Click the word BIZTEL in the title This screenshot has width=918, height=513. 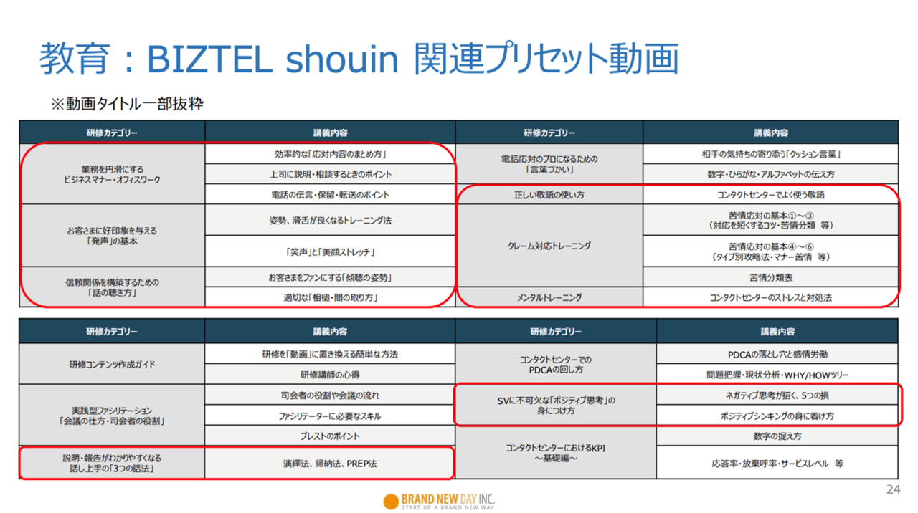point(210,59)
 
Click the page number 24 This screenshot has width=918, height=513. point(893,489)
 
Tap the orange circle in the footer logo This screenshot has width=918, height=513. point(391,502)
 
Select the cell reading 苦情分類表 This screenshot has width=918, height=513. point(771,277)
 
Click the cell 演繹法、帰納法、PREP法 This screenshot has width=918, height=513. point(330,464)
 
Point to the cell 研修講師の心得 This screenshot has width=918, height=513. point(330,375)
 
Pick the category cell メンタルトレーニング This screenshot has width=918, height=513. point(549,297)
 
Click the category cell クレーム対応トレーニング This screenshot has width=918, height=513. point(549,246)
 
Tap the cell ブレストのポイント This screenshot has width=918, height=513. point(330,436)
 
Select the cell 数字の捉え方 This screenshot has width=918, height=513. point(777,436)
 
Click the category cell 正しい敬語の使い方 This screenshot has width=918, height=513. point(549,195)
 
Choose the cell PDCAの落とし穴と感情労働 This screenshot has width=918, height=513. point(777,354)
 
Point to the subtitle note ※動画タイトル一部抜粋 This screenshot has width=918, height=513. point(127,104)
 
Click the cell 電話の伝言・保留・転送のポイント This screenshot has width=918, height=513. point(330,195)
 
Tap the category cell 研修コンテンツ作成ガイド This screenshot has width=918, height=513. point(112,365)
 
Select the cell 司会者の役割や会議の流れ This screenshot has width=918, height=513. point(330,395)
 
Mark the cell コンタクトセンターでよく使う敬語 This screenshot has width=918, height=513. point(771,195)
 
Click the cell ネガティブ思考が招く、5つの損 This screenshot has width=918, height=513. point(777,395)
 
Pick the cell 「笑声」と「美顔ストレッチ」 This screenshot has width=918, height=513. point(330,251)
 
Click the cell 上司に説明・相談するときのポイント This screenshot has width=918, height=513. point(330,174)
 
